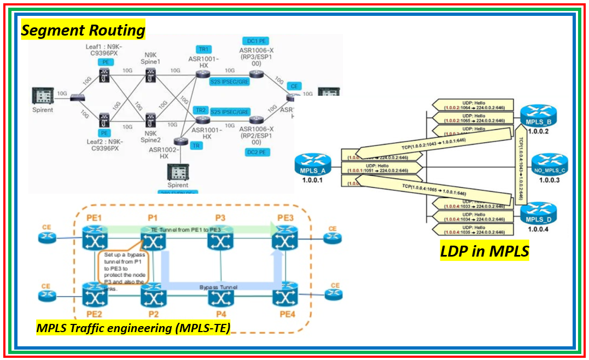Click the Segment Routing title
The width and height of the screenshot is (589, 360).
[83, 30]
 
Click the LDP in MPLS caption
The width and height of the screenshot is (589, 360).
[484, 251]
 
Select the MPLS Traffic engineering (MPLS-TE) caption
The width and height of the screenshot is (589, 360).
[133, 328]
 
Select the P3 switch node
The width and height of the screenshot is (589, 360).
[220, 239]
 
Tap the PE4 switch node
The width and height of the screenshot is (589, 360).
[284, 295]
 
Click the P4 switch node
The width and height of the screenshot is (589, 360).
[220, 295]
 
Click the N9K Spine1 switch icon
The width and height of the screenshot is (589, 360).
[151, 77]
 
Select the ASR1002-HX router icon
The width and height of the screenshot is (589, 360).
[177, 142]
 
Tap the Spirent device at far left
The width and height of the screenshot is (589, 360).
[43, 96]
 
